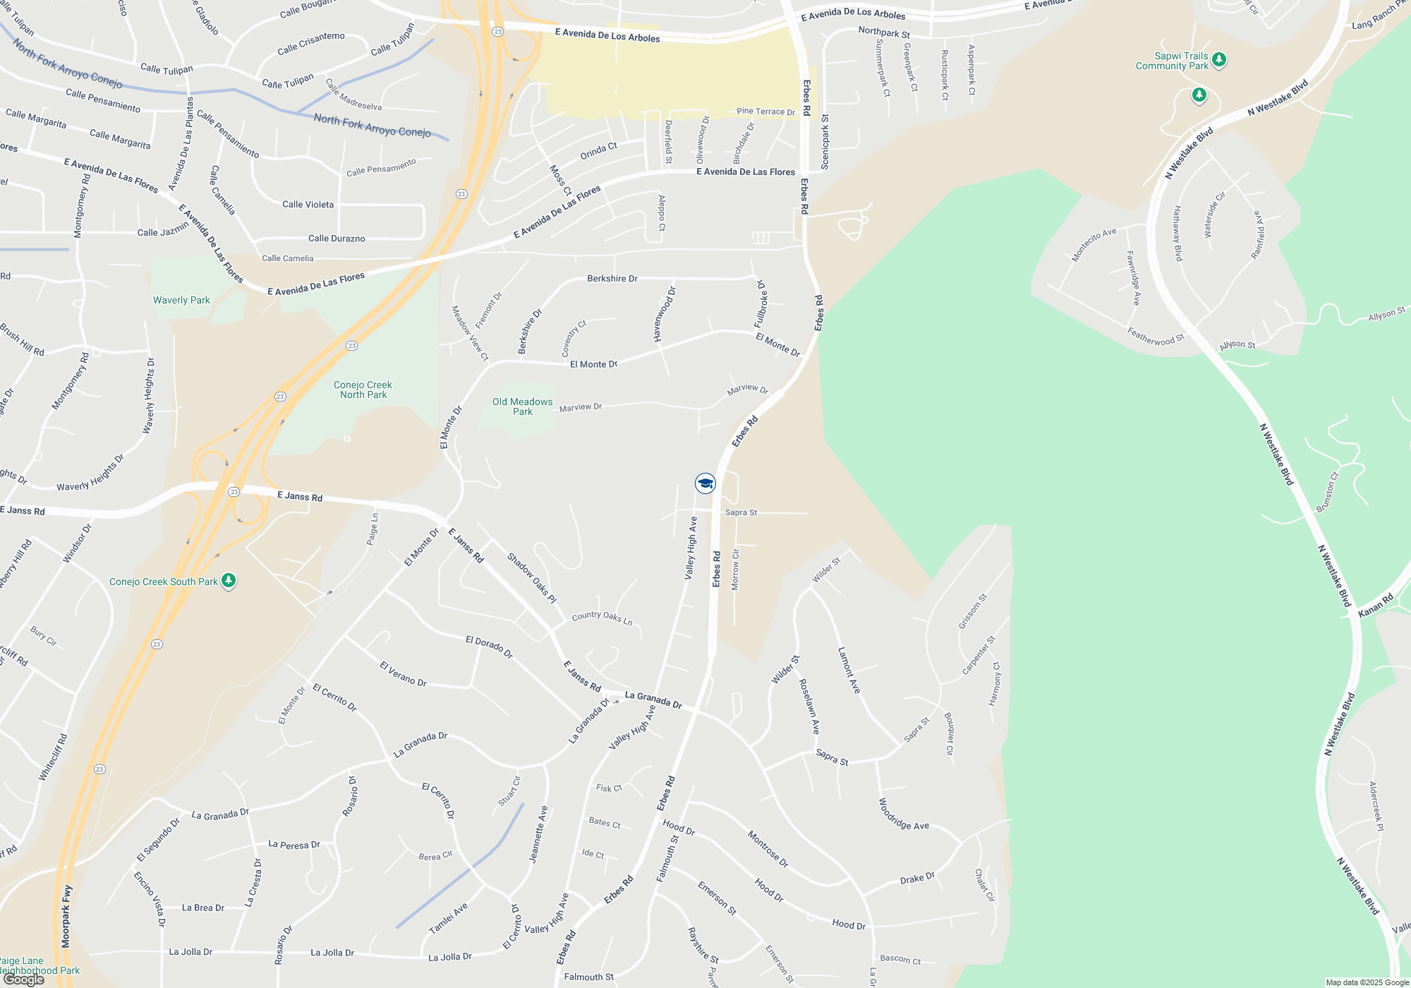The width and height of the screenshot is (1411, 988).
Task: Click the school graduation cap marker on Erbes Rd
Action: (705, 483)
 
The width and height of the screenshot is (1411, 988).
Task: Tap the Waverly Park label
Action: (181, 300)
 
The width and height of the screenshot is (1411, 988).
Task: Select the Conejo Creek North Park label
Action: (363, 390)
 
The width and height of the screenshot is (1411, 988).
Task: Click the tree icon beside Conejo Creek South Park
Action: (228, 581)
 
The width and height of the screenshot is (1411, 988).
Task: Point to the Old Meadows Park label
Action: (522, 406)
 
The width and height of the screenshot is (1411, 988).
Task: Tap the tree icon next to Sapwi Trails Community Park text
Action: (1219, 60)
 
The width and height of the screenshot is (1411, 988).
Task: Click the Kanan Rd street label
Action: (1376, 606)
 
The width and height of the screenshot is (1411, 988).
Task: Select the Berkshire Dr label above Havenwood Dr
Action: (612, 279)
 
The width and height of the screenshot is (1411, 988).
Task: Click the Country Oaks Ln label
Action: (602, 617)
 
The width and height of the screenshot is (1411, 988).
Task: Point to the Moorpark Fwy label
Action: (66, 916)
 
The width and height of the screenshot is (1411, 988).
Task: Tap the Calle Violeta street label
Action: (308, 205)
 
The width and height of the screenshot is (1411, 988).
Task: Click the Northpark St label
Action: (883, 32)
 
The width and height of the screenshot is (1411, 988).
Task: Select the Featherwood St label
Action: (1155, 337)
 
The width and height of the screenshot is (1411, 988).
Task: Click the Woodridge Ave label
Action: (903, 814)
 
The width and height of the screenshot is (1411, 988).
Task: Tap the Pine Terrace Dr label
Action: (765, 112)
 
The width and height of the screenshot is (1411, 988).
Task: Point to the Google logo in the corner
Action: (23, 980)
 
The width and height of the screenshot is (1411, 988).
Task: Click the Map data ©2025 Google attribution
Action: (1367, 982)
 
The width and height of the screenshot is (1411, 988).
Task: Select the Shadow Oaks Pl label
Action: (531, 578)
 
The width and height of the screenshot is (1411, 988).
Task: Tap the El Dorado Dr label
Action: (489, 646)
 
